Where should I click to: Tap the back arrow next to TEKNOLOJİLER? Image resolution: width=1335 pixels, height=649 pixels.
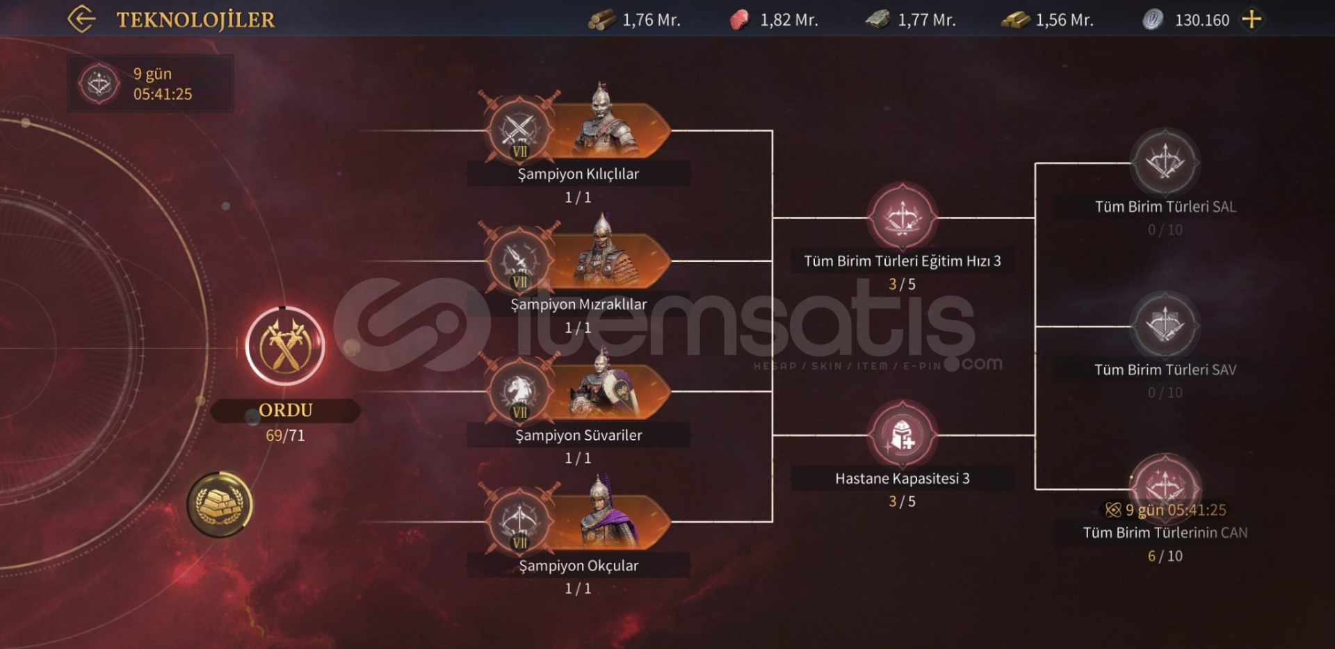pyautogui.click(x=81, y=19)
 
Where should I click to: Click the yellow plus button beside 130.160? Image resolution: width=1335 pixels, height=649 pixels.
pyautogui.click(x=1252, y=19)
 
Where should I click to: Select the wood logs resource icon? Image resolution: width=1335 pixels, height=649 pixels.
pyautogui.click(x=601, y=19)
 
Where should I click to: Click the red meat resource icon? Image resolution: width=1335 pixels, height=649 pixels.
pyautogui.click(x=739, y=19)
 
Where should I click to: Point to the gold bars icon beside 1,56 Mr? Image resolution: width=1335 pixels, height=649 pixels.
pyautogui.click(x=1015, y=19)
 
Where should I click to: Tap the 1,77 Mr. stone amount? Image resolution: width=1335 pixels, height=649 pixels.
pyautogui.click(x=926, y=20)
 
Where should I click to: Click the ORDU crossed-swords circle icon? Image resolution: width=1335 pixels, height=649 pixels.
pyautogui.click(x=285, y=345)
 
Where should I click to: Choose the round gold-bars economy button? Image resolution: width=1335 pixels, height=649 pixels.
pyautogui.click(x=220, y=504)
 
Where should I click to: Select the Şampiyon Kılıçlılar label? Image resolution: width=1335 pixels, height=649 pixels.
pyautogui.click(x=578, y=174)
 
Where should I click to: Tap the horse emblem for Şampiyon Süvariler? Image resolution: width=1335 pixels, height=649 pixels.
pyautogui.click(x=519, y=392)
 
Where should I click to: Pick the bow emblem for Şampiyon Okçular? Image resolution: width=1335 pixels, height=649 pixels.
pyautogui.click(x=519, y=522)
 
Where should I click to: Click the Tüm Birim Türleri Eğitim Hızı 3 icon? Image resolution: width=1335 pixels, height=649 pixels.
pyautogui.click(x=902, y=217)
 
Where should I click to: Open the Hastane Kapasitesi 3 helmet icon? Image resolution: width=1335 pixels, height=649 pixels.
pyautogui.click(x=902, y=435)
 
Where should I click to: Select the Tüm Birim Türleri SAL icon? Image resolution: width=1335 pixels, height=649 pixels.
pyautogui.click(x=1165, y=163)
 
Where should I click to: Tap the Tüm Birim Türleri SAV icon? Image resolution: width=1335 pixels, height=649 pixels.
pyautogui.click(x=1165, y=325)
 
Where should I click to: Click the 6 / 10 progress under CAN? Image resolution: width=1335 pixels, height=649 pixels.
pyautogui.click(x=1165, y=556)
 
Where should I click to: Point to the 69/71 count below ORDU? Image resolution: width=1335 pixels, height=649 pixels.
pyautogui.click(x=285, y=436)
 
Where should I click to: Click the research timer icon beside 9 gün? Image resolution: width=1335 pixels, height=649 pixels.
pyautogui.click(x=99, y=84)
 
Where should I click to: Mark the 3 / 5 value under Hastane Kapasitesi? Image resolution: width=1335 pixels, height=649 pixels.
pyautogui.click(x=902, y=501)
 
